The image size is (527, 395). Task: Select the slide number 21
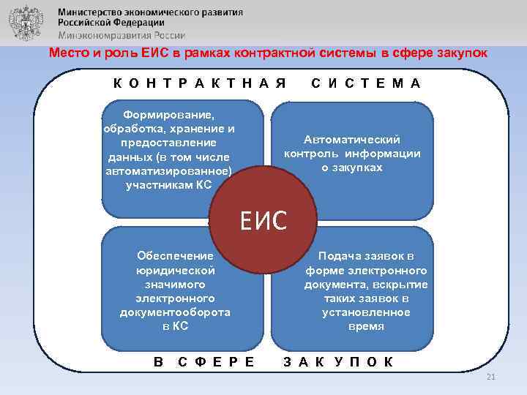pos(490,377)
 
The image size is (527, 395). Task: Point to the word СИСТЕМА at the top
pos(365,83)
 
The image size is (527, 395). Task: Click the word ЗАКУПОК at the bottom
pos(338,361)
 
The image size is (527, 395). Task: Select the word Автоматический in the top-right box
pos(352,139)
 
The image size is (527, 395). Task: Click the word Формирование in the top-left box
pos(168,116)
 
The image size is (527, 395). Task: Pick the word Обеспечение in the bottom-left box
pos(175,255)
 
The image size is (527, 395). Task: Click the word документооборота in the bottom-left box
pos(175,312)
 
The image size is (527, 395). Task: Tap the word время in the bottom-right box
pos(366,326)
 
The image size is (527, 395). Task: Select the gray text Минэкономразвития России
pos(122,34)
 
